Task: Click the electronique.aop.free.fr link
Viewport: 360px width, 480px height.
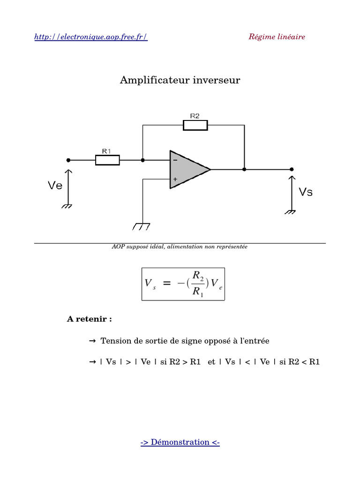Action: click(91, 37)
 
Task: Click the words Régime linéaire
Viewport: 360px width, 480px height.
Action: click(277, 37)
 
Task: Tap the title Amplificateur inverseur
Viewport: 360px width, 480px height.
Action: click(180, 80)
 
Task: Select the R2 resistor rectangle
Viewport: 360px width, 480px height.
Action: click(195, 125)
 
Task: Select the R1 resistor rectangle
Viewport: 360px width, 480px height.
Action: click(107, 160)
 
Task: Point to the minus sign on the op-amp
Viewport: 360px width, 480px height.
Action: click(174, 160)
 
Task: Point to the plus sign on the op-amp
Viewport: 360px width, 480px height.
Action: click(174, 179)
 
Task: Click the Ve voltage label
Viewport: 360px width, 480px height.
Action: click(55, 186)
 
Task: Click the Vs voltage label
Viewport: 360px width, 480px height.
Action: click(306, 191)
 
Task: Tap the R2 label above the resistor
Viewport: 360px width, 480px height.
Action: click(195, 115)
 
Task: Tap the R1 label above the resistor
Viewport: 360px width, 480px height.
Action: click(106, 151)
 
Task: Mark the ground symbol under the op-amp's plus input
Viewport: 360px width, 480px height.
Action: click(141, 226)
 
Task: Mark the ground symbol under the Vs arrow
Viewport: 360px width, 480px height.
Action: click(291, 212)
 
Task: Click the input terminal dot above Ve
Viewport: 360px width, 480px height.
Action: click(69, 160)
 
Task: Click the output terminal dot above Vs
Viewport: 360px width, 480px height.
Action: click(292, 169)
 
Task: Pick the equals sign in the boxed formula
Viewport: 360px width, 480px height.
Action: click(167, 284)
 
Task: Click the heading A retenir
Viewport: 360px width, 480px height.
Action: click(90, 319)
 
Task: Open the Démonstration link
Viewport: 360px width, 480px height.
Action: click(180, 442)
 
